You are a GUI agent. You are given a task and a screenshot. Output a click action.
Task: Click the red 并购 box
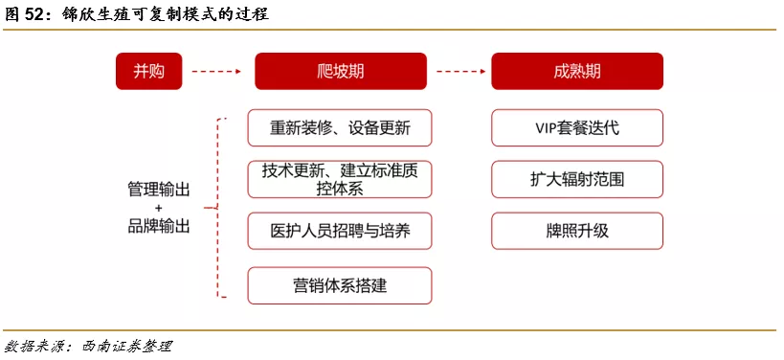(148, 71)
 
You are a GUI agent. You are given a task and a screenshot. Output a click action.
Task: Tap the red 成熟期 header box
(577, 71)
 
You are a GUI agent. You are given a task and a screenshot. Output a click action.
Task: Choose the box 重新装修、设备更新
(339, 127)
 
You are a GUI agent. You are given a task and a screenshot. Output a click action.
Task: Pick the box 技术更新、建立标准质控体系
(339, 179)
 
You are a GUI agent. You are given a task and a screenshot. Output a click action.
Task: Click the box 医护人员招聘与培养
(339, 231)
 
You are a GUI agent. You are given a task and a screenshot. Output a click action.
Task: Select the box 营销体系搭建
(339, 284)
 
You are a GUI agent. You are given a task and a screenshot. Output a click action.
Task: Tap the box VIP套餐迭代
(577, 127)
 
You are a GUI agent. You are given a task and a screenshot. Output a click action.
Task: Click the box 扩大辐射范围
(577, 179)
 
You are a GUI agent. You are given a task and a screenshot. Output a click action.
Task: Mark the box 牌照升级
(577, 231)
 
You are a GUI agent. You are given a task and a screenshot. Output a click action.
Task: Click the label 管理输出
(159, 190)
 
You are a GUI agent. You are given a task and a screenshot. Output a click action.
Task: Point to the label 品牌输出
(159, 227)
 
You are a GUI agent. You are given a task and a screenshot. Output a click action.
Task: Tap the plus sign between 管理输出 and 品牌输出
(159, 209)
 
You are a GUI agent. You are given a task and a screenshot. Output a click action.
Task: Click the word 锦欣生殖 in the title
(97, 15)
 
